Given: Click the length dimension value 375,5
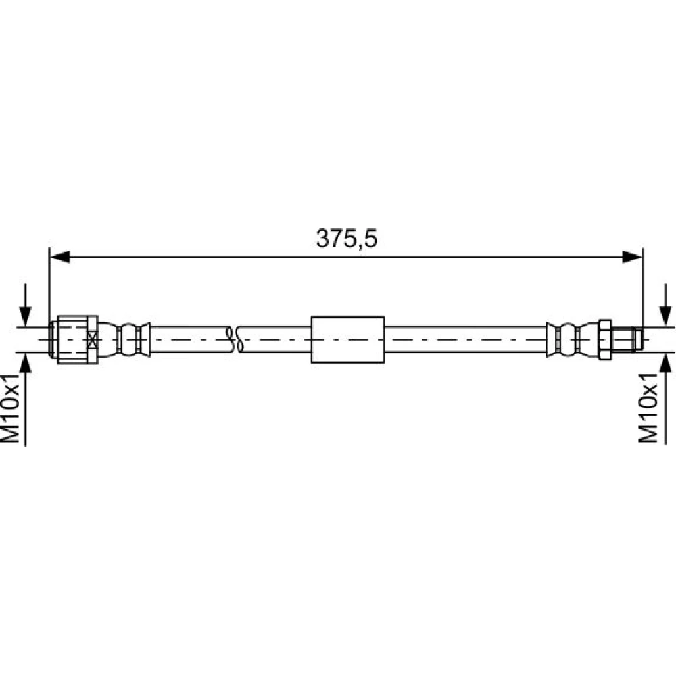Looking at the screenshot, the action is (x=347, y=239).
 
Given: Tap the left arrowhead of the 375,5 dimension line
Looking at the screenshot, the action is (x=60, y=257).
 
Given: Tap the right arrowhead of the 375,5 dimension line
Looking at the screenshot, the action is (x=632, y=257).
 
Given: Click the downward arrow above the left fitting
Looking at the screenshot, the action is (x=26, y=305).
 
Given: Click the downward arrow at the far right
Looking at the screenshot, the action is (x=666, y=305).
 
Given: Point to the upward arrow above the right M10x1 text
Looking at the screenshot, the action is (x=666, y=398).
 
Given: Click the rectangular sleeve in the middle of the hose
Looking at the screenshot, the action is (x=347, y=340).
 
